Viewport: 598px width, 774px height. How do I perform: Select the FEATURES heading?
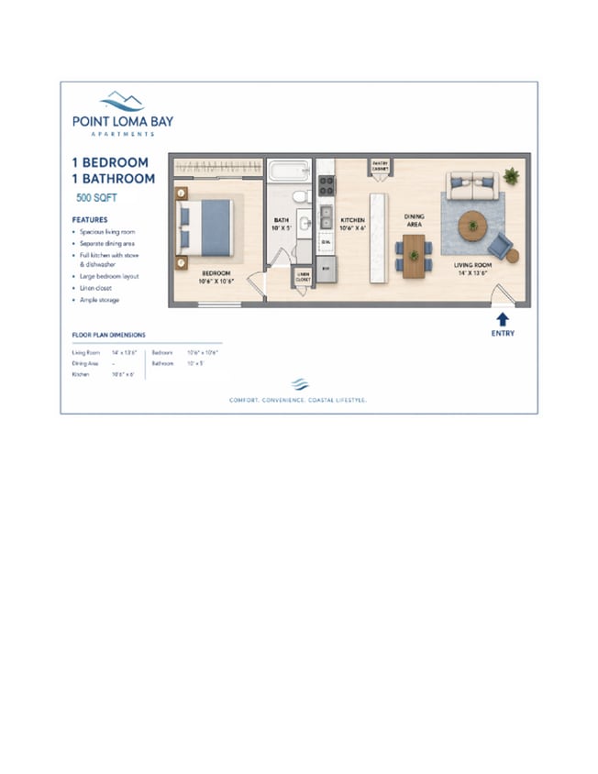(x=90, y=220)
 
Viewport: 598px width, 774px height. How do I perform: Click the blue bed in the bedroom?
(x=207, y=227)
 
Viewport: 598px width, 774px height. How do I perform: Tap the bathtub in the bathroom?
(x=290, y=170)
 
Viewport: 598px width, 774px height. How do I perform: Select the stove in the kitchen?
(x=326, y=183)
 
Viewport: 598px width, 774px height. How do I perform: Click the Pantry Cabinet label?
(x=381, y=166)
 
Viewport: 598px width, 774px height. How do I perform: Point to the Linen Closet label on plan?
(x=303, y=277)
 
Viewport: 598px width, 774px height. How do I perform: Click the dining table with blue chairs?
(x=415, y=254)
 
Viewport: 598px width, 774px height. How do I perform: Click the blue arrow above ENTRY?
(x=502, y=318)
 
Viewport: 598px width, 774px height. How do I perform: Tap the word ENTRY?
(x=503, y=334)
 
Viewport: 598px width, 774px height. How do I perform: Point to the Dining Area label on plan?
(x=415, y=220)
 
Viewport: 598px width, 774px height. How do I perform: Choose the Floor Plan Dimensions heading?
(x=109, y=336)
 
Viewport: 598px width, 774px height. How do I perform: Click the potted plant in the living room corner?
(x=510, y=174)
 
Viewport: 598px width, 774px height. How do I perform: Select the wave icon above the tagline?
(x=298, y=384)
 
